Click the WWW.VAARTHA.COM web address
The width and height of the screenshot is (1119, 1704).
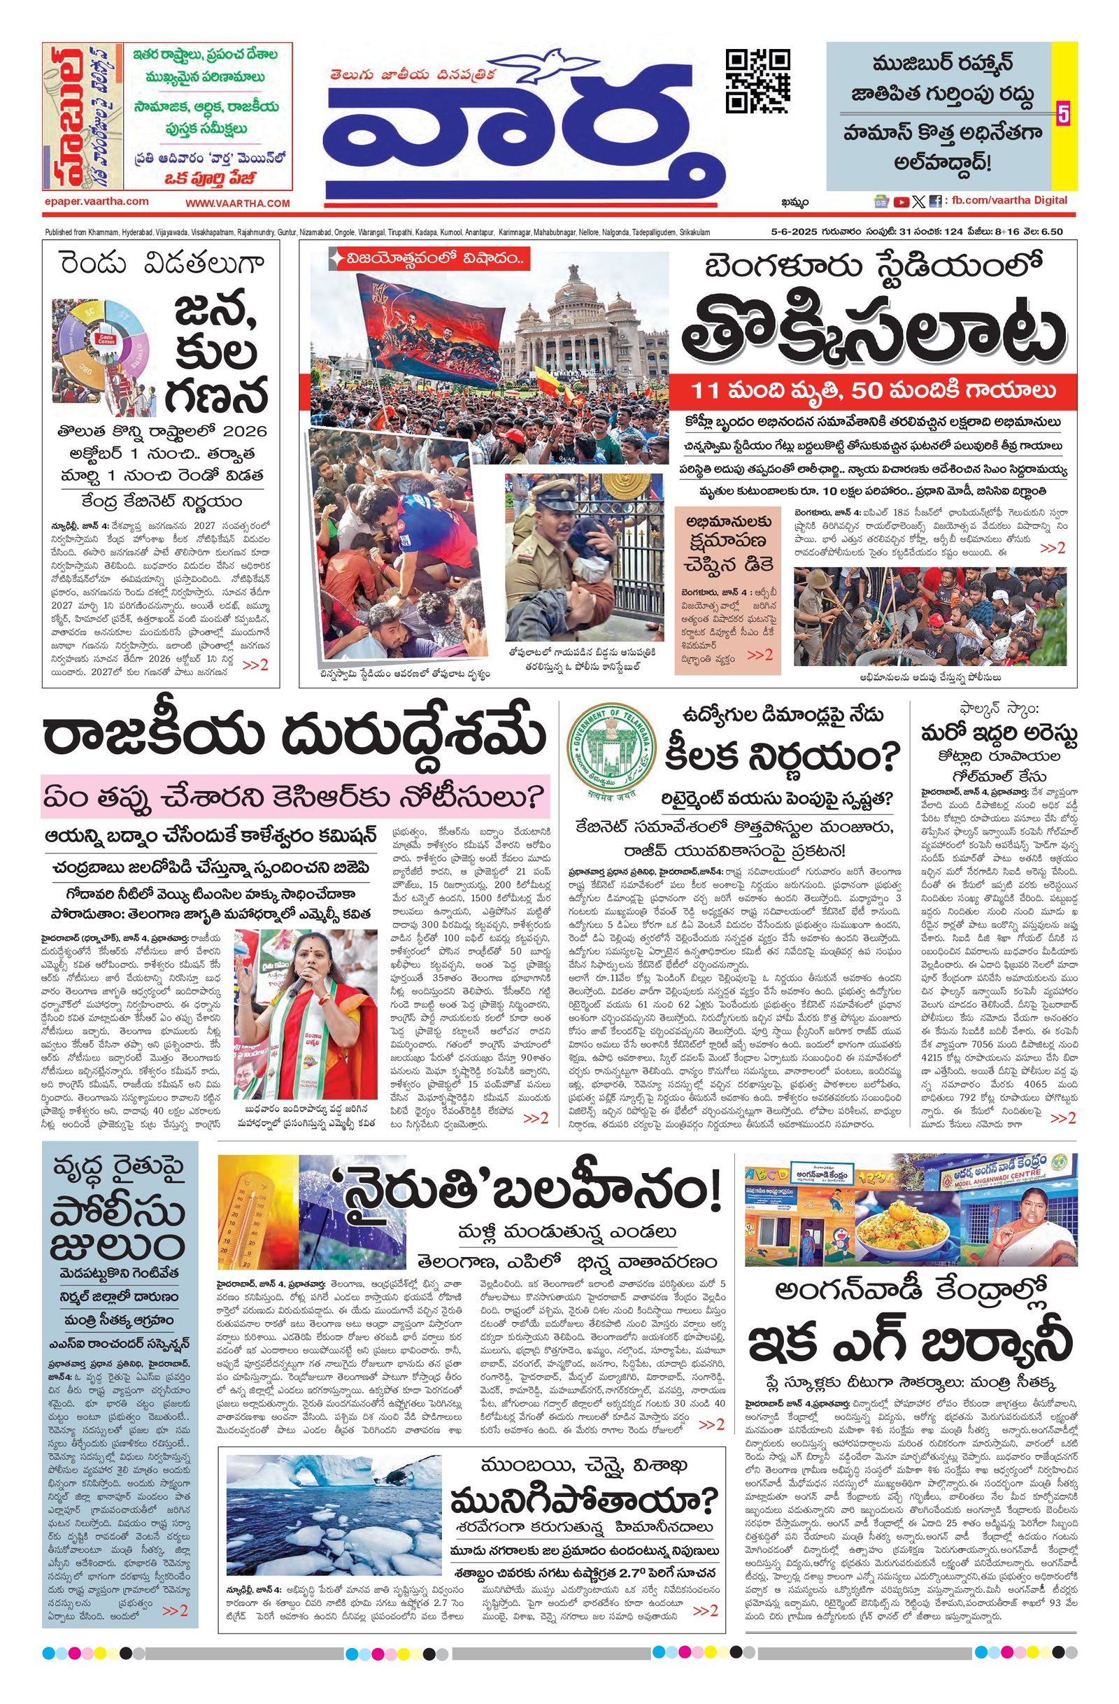[x=238, y=204]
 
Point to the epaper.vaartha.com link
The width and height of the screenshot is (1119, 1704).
[x=96, y=203]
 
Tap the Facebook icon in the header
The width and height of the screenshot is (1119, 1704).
[x=934, y=202]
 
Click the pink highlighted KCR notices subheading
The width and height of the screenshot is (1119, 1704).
[x=294, y=795]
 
